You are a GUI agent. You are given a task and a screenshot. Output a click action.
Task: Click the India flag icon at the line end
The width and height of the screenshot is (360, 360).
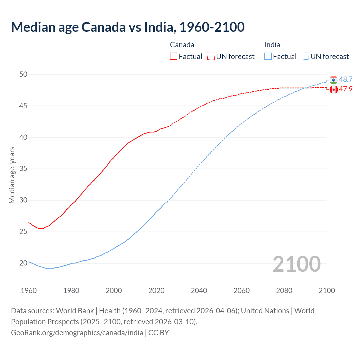coord(334,80)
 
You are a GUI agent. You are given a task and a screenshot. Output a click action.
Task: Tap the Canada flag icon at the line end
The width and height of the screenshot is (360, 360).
coord(334,90)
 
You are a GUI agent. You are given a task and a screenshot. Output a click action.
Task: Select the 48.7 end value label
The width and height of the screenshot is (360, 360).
coord(346,80)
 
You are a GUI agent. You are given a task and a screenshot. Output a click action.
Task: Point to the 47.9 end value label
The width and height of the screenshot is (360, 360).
coord(346,89)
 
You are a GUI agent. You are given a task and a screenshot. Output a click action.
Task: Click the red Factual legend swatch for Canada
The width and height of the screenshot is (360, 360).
coord(174,57)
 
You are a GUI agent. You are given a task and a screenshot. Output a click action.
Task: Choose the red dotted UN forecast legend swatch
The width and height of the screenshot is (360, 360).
coord(211,57)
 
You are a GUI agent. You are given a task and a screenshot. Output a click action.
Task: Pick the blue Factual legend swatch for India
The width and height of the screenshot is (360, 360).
coord(268,57)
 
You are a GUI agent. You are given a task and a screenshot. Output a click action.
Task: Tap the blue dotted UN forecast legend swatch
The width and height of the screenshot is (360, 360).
coord(305,57)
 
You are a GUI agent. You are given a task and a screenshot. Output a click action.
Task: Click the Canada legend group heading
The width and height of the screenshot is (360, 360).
coord(182,45)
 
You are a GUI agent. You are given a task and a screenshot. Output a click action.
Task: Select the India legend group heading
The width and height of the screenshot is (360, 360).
coord(272,45)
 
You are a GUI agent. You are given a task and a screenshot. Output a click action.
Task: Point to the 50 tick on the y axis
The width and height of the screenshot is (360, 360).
coord(23,75)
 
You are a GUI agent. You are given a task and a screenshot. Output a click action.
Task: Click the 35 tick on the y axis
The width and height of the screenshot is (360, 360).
coord(23,169)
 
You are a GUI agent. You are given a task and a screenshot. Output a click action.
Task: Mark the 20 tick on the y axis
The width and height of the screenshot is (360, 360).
coord(23,263)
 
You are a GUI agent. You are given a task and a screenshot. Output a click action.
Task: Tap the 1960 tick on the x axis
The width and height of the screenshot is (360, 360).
coord(29,291)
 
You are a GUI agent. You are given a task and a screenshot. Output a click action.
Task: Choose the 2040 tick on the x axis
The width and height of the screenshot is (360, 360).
coord(199,291)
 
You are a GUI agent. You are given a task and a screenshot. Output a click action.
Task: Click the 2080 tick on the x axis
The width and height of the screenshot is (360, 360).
coord(284,291)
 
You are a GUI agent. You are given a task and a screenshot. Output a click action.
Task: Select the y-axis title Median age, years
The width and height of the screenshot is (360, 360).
coord(12,175)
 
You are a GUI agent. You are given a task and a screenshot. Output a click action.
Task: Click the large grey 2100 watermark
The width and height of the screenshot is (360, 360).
coord(296,264)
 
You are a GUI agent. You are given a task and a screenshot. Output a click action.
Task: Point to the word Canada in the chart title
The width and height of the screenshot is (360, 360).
coord(103,27)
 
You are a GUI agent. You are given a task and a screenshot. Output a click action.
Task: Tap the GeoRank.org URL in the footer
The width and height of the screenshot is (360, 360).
coord(77,333)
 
